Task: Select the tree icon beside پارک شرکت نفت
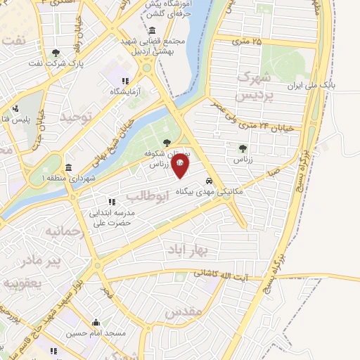tap(56, 53)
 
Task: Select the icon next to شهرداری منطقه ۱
tap(67, 168)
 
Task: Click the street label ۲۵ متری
tap(246, 41)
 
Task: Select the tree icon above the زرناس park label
tap(243, 148)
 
